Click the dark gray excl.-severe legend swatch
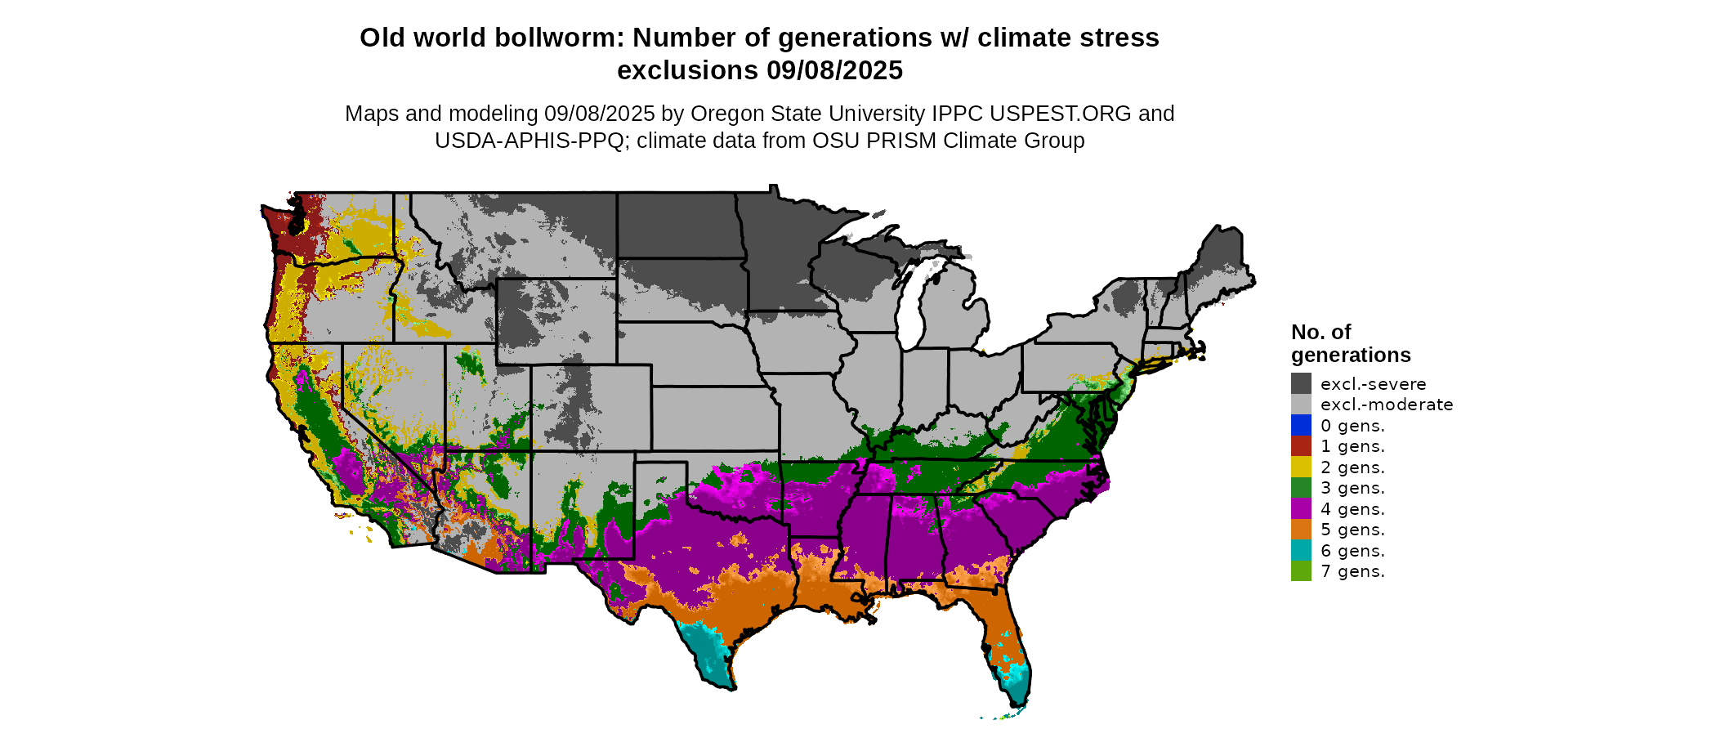1301,383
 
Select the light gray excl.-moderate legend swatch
1301,405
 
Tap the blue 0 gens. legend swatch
1301,425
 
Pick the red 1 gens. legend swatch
1301,446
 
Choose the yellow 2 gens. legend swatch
1301,467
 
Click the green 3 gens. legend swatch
1301,488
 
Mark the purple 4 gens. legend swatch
1301,509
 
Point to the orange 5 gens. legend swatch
1301,530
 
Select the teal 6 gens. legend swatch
1301,551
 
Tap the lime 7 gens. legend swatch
1301,571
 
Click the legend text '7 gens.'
1352,571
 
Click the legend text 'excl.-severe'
1373,384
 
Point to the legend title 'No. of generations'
1350,343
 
